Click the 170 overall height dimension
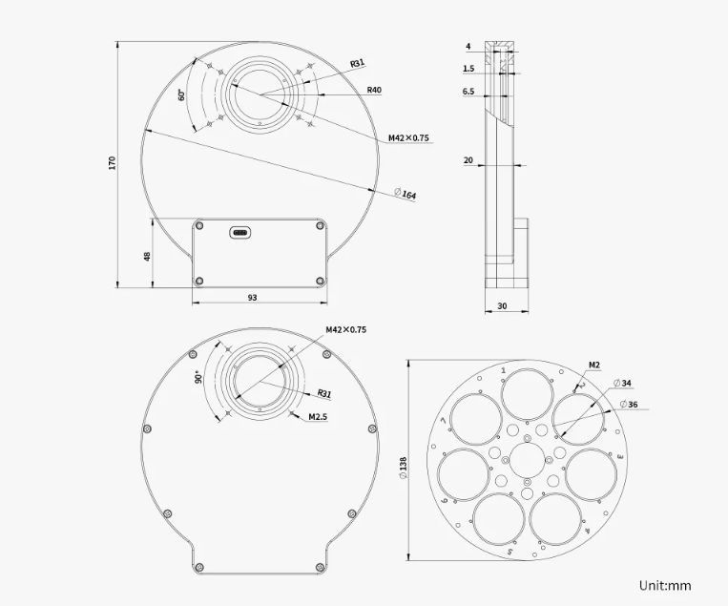click(x=112, y=163)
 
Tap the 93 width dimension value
click(x=252, y=298)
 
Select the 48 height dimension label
click(x=147, y=257)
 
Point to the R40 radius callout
click(x=374, y=90)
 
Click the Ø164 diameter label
click(x=406, y=194)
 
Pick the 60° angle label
click(x=182, y=94)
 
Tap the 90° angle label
click(x=198, y=377)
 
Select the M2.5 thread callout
click(x=318, y=416)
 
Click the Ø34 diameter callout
click(x=622, y=383)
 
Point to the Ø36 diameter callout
click(x=629, y=405)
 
